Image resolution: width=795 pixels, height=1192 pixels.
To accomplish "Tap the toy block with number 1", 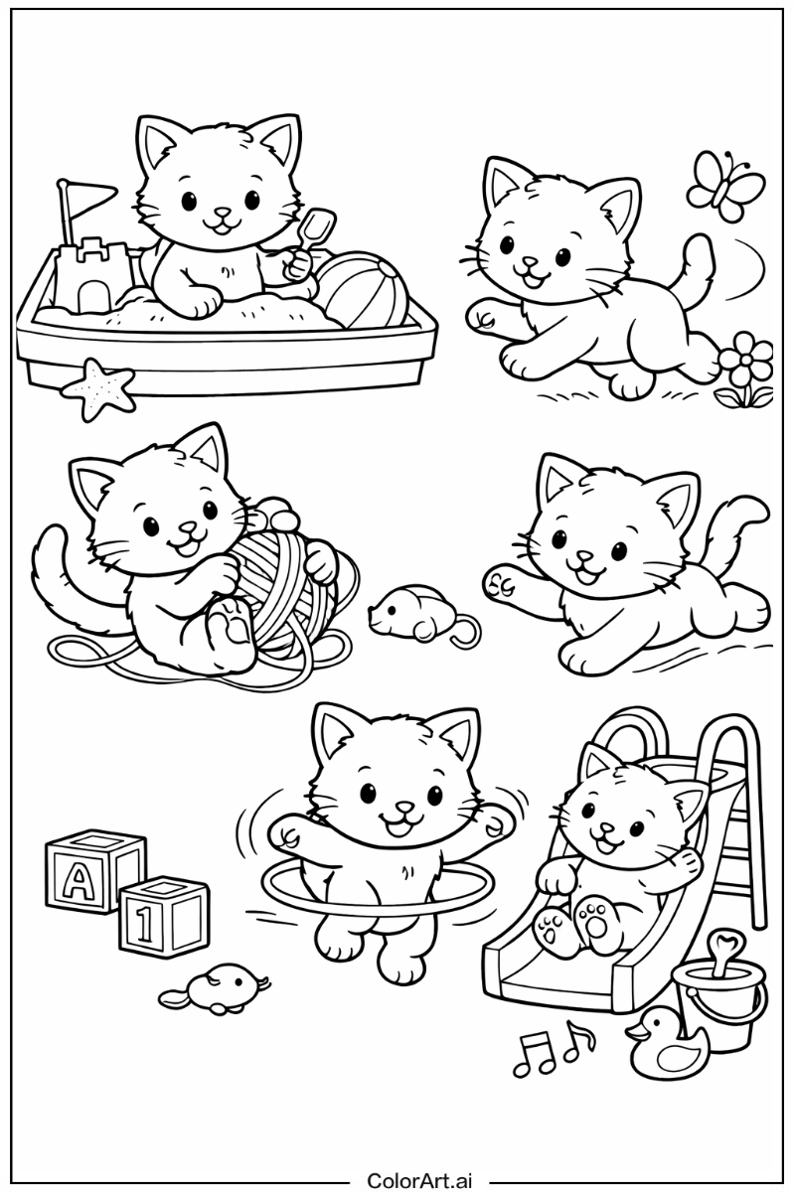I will (x=163, y=917).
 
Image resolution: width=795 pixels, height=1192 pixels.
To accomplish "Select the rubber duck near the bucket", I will (x=660, y=1043).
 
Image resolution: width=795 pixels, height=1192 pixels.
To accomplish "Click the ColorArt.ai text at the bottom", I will (x=420, y=1179).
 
